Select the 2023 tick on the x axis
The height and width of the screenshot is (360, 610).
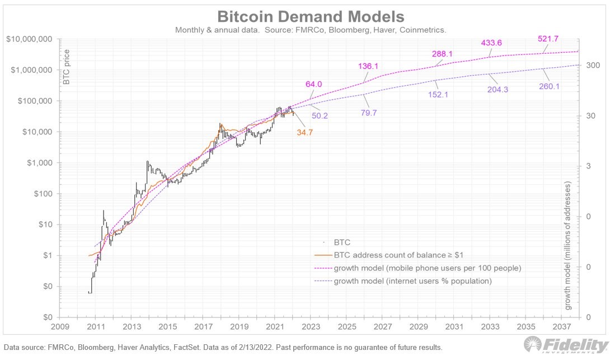click(311, 326)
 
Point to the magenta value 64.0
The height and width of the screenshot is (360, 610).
click(313, 84)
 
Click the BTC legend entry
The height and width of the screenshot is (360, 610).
click(341, 242)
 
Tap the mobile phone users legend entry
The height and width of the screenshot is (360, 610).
click(427, 268)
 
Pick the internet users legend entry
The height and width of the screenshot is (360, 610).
click(412, 281)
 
